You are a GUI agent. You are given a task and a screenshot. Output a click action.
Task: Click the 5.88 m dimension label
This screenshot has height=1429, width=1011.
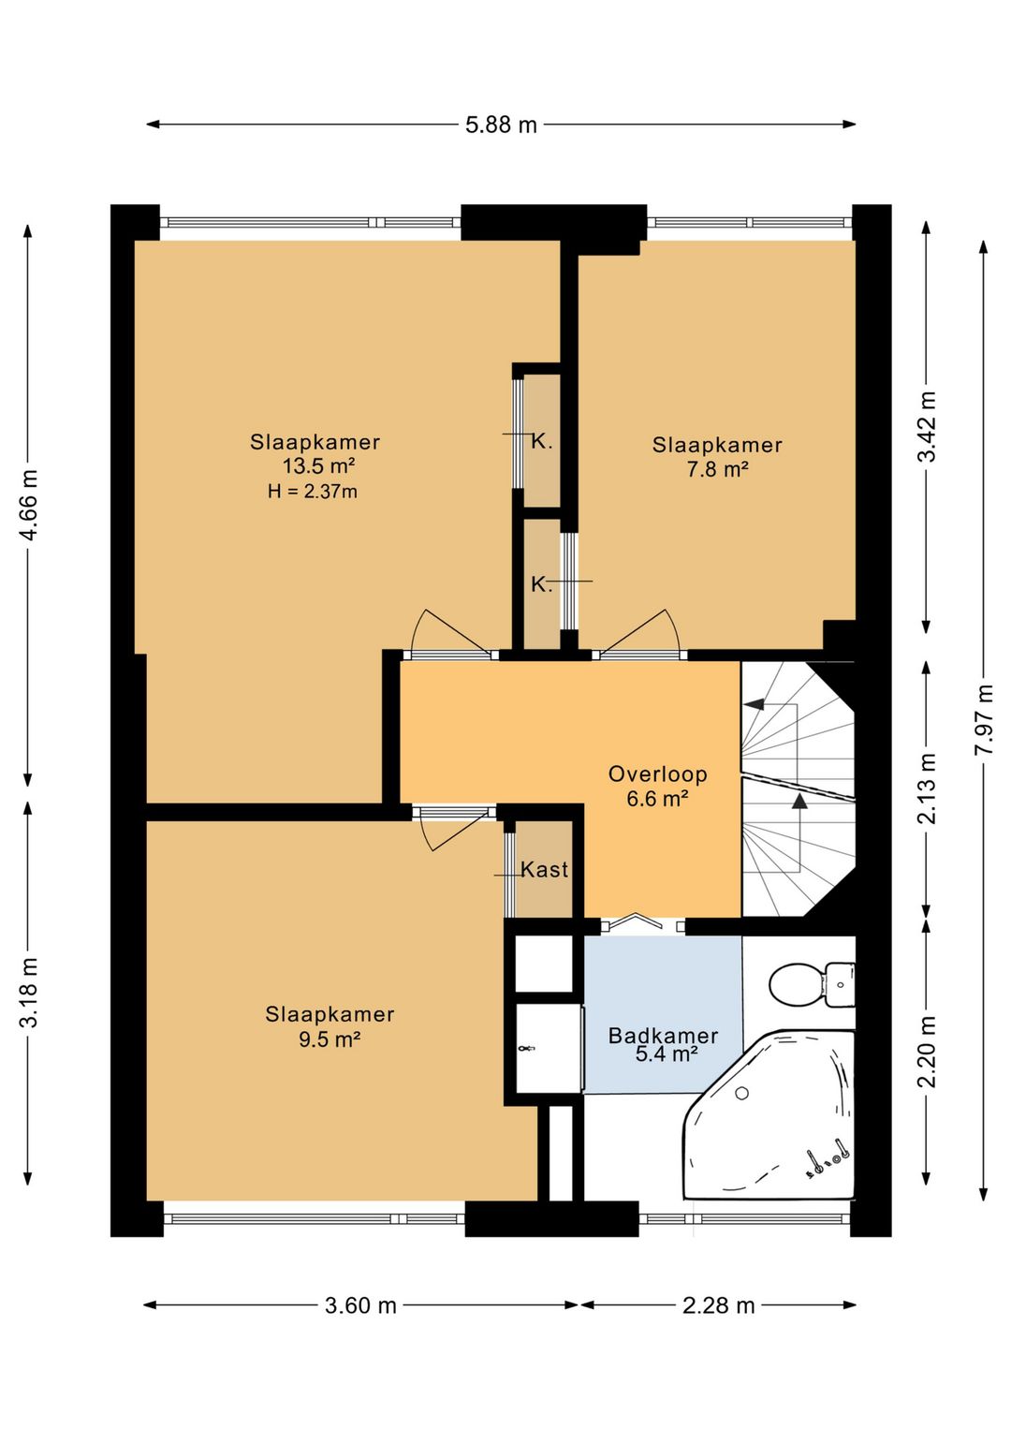click(x=501, y=125)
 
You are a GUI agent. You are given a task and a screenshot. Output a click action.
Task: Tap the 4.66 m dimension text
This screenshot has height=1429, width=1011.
click(x=30, y=505)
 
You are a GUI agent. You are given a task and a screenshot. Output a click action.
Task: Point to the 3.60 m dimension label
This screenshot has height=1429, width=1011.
click(x=360, y=1305)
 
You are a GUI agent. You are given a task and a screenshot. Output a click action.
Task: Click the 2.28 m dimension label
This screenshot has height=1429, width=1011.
click(x=718, y=1305)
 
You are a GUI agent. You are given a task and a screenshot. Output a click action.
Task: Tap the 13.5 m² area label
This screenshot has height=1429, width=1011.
click(x=319, y=466)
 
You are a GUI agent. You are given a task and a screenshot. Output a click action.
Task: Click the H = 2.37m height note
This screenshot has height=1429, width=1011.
click(x=313, y=492)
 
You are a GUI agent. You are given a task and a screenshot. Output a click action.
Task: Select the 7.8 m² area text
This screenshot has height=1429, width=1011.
click(x=718, y=469)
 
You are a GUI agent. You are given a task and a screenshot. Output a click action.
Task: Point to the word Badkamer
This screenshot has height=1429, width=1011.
click(x=664, y=1036)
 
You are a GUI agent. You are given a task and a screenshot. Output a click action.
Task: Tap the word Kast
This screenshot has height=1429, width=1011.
click(x=544, y=870)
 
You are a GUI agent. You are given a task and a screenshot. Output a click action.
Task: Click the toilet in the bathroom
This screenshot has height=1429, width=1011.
click(x=812, y=985)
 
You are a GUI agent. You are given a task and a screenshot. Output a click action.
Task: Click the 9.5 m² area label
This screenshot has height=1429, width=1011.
click(x=330, y=1039)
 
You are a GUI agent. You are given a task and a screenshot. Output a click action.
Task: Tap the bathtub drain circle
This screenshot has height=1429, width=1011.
click(x=741, y=1094)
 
